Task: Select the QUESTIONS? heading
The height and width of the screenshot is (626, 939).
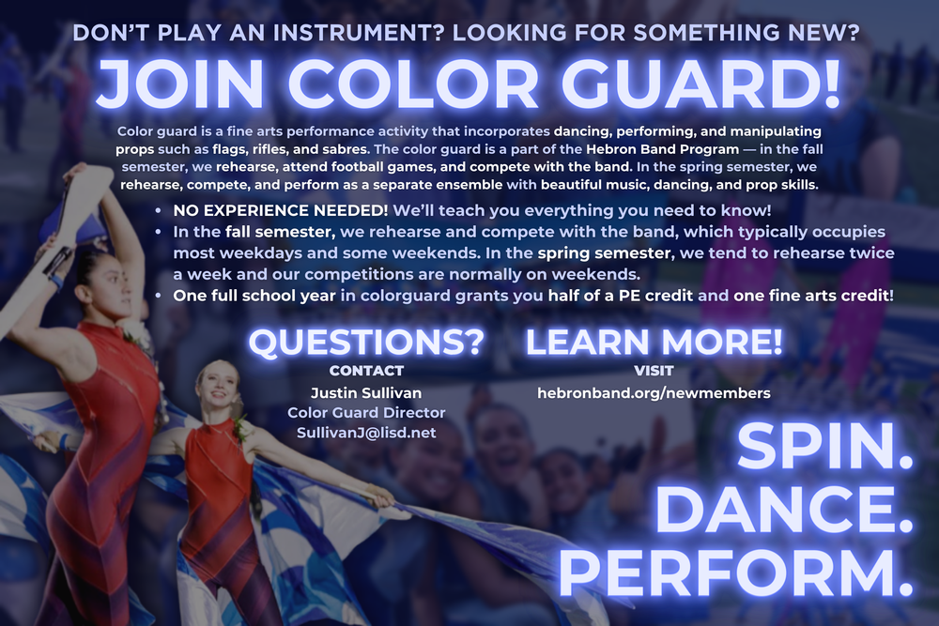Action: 366,342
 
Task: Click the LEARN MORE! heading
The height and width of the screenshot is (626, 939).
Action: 654,342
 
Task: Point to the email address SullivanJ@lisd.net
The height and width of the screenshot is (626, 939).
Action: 366,433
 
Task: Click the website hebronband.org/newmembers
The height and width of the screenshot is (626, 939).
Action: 654,392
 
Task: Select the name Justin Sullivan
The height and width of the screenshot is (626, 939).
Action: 366,392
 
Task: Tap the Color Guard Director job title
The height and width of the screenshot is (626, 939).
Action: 366,413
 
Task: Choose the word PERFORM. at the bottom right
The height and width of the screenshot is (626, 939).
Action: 737,573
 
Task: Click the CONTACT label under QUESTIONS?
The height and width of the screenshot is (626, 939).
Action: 366,371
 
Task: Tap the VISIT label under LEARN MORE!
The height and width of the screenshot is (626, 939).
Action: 654,371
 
